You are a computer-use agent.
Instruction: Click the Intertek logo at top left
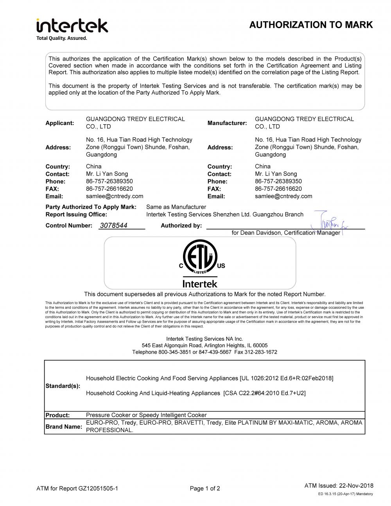(72, 26)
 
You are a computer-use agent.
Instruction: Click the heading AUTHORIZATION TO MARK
(311, 25)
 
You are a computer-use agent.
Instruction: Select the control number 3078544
(114, 225)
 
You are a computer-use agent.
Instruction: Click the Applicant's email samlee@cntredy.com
(115, 196)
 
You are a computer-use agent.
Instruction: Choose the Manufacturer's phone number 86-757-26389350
(278, 181)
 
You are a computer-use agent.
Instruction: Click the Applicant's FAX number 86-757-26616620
(109, 189)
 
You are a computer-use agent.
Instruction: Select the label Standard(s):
(63, 386)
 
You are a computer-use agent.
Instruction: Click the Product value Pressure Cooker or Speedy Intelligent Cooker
(146, 415)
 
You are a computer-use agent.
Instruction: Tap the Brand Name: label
(64, 427)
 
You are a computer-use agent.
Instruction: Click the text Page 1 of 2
(205, 488)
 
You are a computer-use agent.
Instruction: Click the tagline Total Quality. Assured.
(62, 38)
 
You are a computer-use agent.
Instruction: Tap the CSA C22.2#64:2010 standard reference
(264, 393)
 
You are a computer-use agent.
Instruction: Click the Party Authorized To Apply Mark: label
(91, 207)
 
